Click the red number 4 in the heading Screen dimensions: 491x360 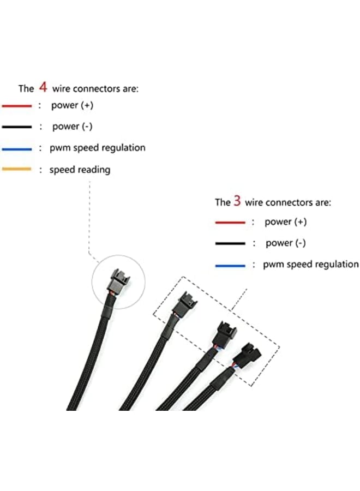click(43, 87)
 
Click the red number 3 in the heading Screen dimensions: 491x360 click(237, 201)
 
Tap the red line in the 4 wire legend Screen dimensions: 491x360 click(17, 106)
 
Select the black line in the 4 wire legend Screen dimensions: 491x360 click(17, 127)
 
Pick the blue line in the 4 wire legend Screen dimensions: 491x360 click(17, 148)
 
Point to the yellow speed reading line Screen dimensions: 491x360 click(17, 170)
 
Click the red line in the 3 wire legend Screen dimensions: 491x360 click(230, 222)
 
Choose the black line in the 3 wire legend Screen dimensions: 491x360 click(230, 243)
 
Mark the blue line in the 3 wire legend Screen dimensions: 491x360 click(230, 265)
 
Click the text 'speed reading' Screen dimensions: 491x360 click(80, 170)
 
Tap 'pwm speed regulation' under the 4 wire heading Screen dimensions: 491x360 click(98, 148)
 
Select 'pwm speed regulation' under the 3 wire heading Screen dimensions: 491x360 click(311, 265)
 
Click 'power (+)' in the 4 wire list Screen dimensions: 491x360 click(72, 105)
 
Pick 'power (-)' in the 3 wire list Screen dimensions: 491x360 click(286, 243)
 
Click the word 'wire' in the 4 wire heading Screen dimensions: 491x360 click(62, 88)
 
